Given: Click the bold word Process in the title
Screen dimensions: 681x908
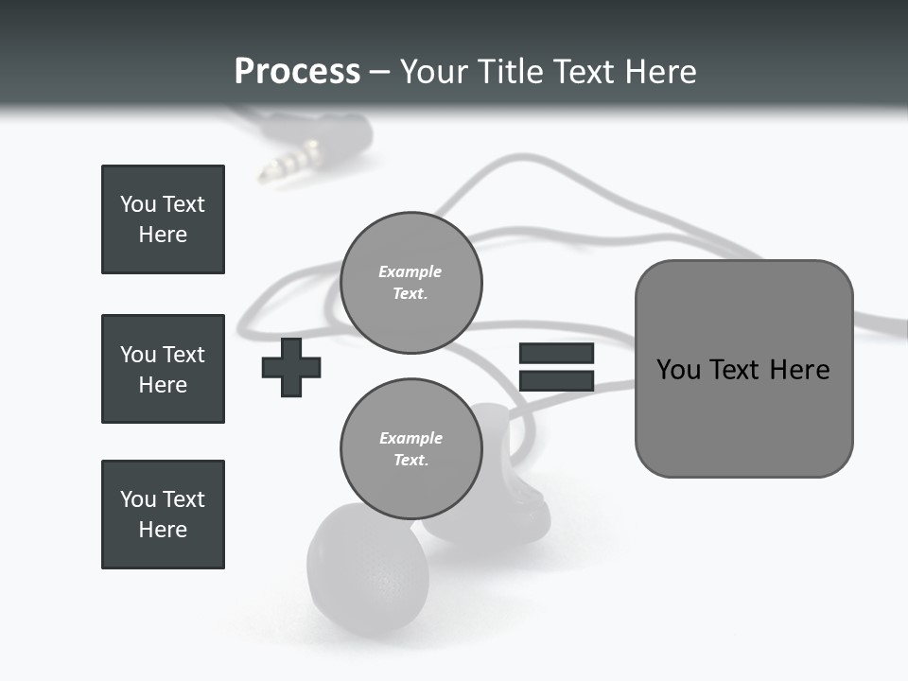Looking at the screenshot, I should coord(297,72).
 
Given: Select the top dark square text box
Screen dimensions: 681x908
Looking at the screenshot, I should coord(163,219).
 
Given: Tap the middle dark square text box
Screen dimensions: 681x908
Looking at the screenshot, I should coord(163,369).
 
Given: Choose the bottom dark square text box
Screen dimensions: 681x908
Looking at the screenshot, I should coord(163,515).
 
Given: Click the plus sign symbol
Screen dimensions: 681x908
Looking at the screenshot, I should coord(291,367).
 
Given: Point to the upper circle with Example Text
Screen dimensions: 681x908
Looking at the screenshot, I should coord(411,282).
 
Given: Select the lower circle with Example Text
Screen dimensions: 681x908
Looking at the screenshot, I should coord(411,448).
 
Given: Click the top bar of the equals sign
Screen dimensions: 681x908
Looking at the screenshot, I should coord(556,353).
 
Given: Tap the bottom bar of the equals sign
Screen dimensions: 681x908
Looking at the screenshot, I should coord(556,381).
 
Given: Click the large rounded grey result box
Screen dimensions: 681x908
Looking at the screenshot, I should coord(743,369).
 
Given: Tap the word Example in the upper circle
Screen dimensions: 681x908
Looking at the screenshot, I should coord(410,271).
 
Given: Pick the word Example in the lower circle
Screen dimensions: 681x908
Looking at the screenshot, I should coord(410,438).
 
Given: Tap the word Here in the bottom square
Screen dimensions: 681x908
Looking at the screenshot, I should coord(163,530).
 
